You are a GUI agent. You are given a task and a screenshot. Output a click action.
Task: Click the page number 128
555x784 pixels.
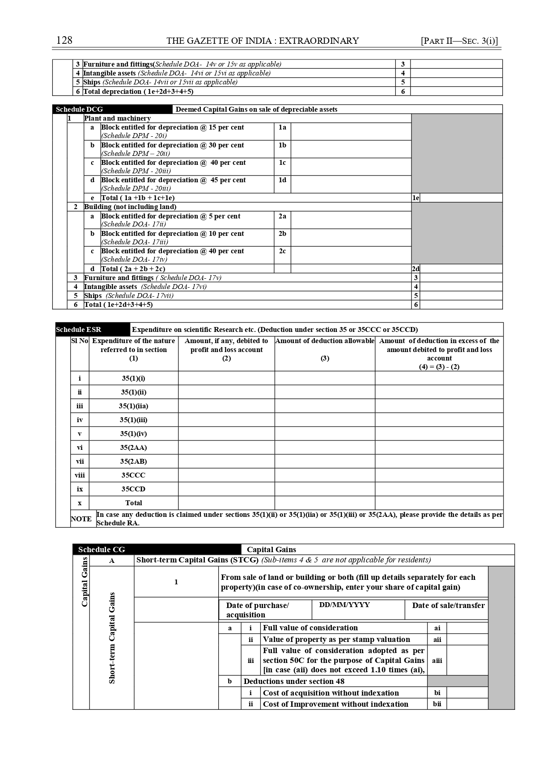[x=64, y=41]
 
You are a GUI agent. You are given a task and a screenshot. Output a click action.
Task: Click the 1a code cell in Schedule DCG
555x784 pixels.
[x=282, y=128]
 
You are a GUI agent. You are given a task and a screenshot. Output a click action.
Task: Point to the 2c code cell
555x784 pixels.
[x=282, y=252]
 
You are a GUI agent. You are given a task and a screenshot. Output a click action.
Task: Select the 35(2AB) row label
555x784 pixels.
[x=133, y=461]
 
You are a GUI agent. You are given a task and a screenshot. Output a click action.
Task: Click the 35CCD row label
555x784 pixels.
[x=133, y=489]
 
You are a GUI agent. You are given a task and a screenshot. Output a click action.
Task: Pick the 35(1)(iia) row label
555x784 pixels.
[x=133, y=406]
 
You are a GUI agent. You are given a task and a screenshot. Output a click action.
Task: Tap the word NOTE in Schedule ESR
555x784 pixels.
[x=81, y=519]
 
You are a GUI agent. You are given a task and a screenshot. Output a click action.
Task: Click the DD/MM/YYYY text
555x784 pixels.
[x=344, y=605]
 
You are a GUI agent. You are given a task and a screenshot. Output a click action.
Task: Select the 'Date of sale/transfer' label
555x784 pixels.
[x=448, y=606]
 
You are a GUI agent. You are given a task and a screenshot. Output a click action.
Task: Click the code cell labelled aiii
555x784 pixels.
[x=437, y=660]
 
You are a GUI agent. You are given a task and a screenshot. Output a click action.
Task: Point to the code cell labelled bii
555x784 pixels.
[x=437, y=704]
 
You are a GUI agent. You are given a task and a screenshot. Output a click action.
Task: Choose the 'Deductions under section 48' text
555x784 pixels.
[x=294, y=681]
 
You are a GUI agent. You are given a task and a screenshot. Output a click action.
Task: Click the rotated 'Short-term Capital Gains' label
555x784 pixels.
[x=112, y=638]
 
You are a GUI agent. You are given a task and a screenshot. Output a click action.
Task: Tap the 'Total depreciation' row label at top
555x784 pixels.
[x=138, y=92]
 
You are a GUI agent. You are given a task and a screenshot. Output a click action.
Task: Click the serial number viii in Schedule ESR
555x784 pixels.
[x=80, y=475]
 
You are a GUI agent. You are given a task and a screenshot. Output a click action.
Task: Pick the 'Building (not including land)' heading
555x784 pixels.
[x=130, y=207]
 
